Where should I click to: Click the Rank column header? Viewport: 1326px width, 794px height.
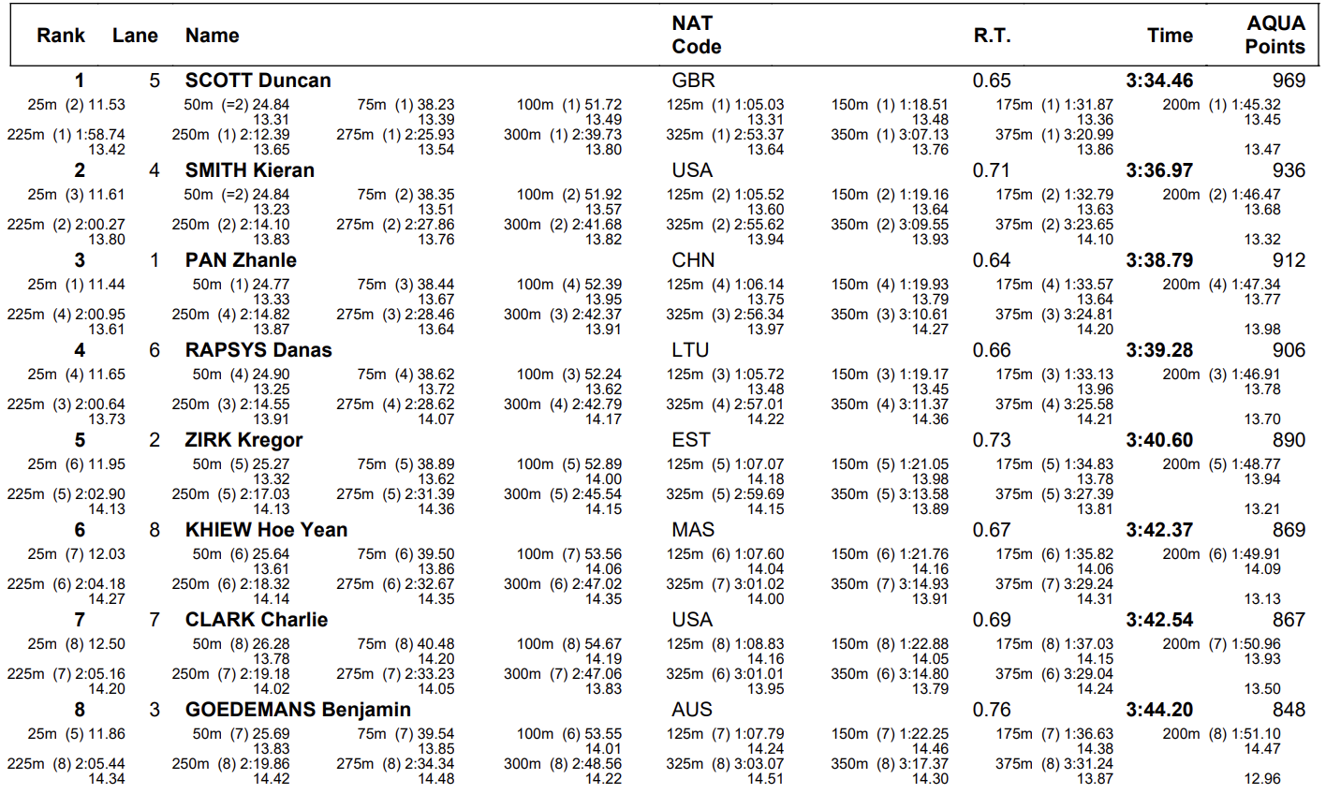point(61,36)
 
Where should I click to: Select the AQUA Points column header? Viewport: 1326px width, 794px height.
point(1274,35)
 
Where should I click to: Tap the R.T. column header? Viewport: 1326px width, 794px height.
point(992,36)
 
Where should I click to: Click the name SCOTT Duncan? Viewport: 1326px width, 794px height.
point(258,81)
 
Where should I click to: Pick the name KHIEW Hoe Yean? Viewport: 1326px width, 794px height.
point(266,530)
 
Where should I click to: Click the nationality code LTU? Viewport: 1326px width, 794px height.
point(690,350)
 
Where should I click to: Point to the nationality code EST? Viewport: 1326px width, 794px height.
point(690,440)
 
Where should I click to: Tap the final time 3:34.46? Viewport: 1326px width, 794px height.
point(1159,81)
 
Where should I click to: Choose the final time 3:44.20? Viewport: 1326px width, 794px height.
point(1159,710)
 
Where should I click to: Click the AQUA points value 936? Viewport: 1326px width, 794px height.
point(1289,170)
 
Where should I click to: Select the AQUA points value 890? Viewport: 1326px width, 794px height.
point(1289,440)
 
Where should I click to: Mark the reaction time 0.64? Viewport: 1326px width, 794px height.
point(992,260)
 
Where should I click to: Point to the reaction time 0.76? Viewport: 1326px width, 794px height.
point(992,710)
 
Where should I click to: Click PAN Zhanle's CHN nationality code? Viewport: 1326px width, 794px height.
point(693,260)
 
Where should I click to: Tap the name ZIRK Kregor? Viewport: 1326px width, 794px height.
point(243,440)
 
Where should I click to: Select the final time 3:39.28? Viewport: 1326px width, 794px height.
point(1159,350)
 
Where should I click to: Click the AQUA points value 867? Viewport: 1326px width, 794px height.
point(1289,620)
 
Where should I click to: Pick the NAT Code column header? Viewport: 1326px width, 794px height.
point(696,35)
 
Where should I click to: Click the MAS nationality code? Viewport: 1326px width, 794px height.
point(693,530)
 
